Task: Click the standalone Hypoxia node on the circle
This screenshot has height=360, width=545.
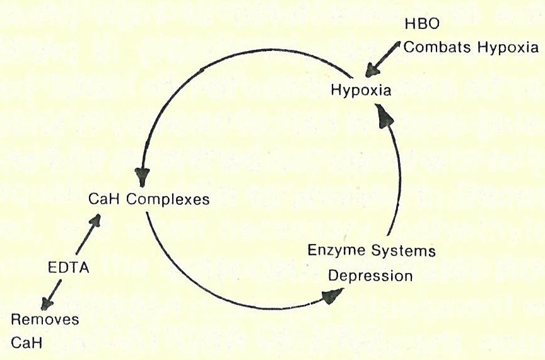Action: point(361,90)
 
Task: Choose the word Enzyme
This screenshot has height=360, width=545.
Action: point(334,251)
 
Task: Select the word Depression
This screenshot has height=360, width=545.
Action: point(370,276)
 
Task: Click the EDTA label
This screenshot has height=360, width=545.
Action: point(69,268)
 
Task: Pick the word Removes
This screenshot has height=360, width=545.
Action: point(45,319)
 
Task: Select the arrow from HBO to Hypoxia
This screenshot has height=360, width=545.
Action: point(384,59)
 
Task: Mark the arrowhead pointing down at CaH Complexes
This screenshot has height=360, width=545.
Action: point(143,175)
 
